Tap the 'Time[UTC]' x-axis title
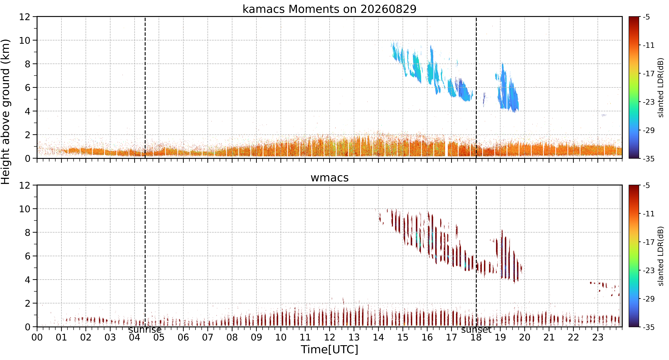pyautogui.click(x=329, y=349)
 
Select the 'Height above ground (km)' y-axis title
pyautogui.click(x=6, y=112)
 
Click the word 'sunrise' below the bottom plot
pyautogui.click(x=145, y=330)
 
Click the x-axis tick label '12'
pyautogui.click(x=329, y=337)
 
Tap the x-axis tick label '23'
pyautogui.click(x=598, y=337)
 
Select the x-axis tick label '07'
pyautogui.click(x=207, y=337)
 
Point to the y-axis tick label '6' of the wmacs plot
pyautogui.click(x=27, y=256)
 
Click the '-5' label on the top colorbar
pyautogui.click(x=646, y=17)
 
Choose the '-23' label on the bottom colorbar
pyautogui.click(x=649, y=270)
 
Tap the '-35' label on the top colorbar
pyautogui.click(x=649, y=159)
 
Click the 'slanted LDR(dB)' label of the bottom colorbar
pyautogui.click(x=661, y=256)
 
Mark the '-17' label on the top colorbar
pyautogui.click(x=649, y=74)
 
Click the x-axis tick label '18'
pyautogui.click(x=476, y=337)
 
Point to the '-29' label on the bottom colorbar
pyautogui.click(x=649, y=299)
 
